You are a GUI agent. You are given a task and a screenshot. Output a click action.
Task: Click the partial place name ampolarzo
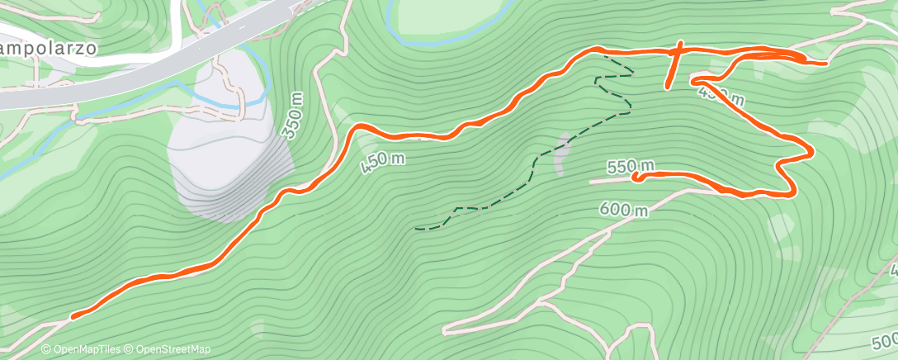pos(48,49)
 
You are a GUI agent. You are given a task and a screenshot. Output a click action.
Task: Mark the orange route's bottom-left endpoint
pos(73,316)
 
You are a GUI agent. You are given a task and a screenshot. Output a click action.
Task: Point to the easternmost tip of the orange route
pos(825,62)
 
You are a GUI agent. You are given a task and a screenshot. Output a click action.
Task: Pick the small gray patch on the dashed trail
pos(562,154)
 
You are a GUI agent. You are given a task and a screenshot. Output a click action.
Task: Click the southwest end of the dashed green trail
pos(417,227)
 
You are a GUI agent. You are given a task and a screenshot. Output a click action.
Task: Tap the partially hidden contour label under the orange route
pos(721,97)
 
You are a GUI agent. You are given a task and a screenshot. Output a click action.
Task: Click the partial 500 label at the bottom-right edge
pos(885,341)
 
